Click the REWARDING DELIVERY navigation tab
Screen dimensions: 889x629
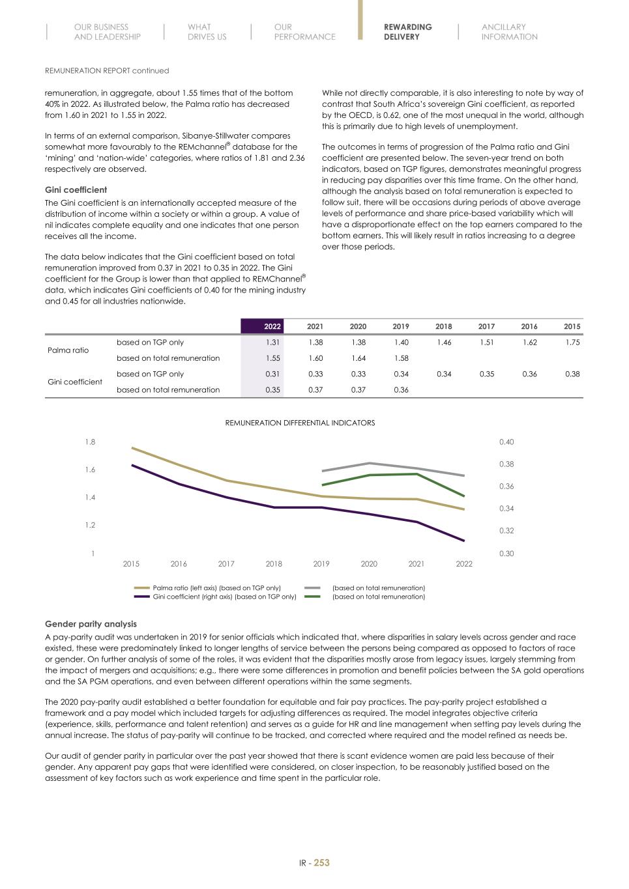pos(407,32)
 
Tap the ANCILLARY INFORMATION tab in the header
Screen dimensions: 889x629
pos(509,32)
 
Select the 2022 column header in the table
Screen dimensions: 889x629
pos(272,327)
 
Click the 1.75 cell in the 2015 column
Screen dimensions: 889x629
pos(572,343)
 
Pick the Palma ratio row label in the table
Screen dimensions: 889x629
pos(68,350)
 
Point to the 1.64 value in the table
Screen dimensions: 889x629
pos(358,358)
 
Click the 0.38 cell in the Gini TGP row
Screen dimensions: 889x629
pos(572,374)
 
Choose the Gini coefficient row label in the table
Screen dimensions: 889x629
pos(75,382)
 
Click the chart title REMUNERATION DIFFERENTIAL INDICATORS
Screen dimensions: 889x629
pos(300,423)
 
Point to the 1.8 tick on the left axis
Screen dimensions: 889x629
pos(90,442)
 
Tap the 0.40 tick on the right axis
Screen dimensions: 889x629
pos(506,442)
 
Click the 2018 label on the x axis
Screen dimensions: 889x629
pos(274,564)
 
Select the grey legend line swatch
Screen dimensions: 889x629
pos(312,588)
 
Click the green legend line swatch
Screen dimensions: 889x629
pos(312,597)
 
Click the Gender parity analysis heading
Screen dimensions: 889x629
pos(91,624)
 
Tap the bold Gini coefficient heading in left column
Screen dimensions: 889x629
pos(76,190)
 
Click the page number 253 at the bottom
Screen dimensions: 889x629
pos(322,863)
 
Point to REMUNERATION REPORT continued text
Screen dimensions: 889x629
pos(107,70)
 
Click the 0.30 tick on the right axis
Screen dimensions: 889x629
pos(506,554)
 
